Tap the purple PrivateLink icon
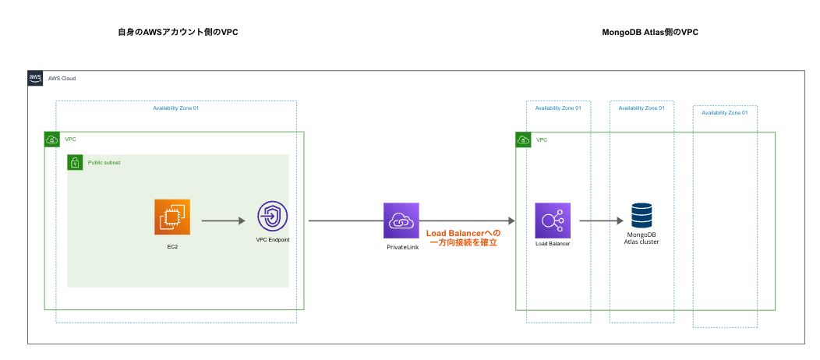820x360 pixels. pyautogui.click(x=401, y=221)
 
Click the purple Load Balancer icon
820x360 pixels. pyautogui.click(x=553, y=221)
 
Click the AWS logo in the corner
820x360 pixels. pyautogui.click(x=35, y=78)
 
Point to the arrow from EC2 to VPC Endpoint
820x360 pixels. pyautogui.click(x=223, y=221)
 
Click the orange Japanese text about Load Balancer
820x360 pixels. pyautogui.click(x=463, y=238)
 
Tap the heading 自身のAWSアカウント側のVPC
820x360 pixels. pyautogui.click(x=178, y=34)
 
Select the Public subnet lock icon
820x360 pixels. pyautogui.click(x=75, y=162)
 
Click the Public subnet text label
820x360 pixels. pyautogui.click(x=104, y=162)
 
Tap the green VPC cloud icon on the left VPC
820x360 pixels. pyautogui.click(x=51, y=139)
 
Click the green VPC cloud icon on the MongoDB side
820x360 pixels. pyautogui.click(x=524, y=139)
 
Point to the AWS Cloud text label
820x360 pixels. pyautogui.click(x=62, y=79)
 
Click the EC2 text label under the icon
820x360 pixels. pyautogui.click(x=171, y=246)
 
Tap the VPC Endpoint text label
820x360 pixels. pyautogui.click(x=273, y=240)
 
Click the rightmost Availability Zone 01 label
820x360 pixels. pyautogui.click(x=725, y=113)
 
